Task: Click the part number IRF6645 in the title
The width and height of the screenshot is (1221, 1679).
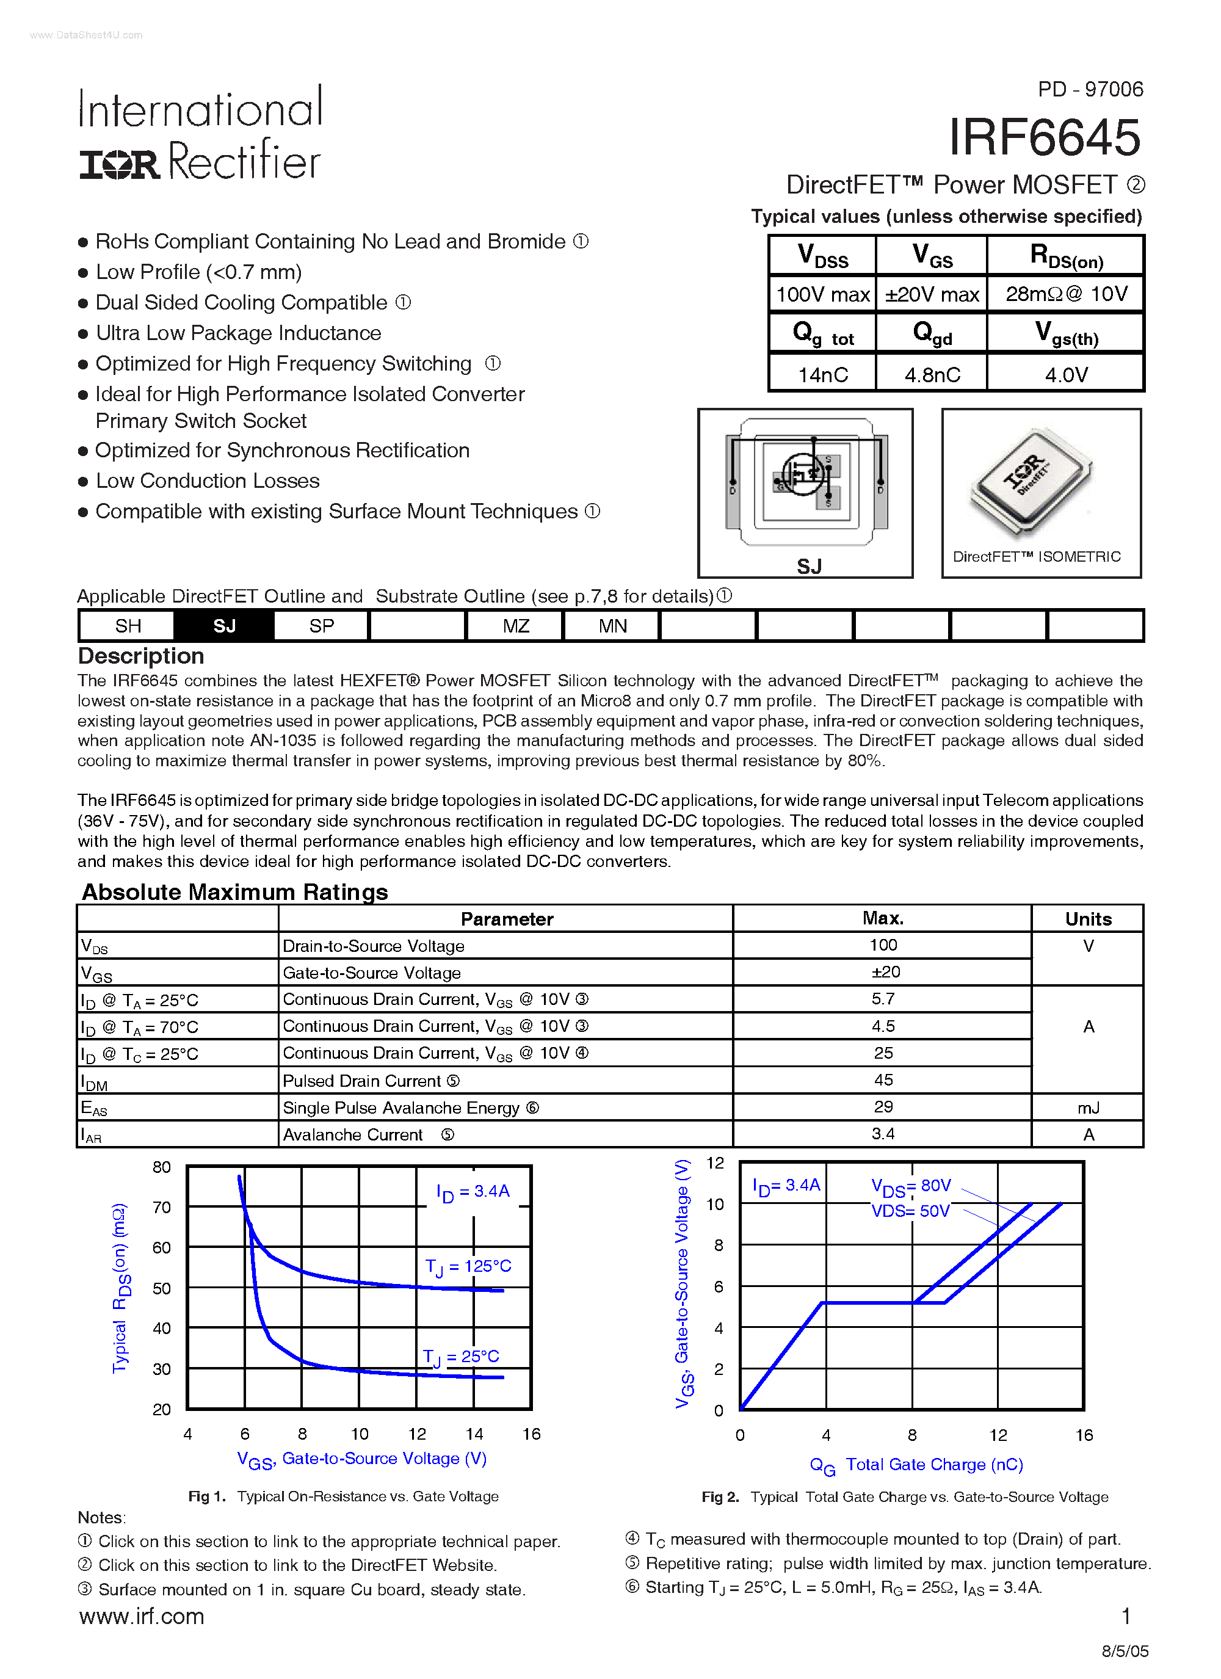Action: tap(1044, 139)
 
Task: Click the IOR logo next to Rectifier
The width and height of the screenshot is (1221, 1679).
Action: tap(119, 164)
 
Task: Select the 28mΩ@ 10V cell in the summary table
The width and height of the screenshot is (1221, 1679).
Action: tap(1065, 295)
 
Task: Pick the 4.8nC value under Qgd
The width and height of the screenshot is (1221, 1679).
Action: tap(932, 375)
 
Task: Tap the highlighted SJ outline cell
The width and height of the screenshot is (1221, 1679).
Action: tap(223, 626)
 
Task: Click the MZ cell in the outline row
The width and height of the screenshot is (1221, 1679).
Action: tap(515, 626)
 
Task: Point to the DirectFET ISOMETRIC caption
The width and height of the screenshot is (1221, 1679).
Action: tap(1036, 557)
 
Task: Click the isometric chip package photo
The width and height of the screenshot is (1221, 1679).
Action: tap(1030, 481)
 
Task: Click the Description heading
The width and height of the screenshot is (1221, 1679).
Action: tap(140, 656)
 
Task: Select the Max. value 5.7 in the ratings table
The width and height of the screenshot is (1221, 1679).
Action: tap(883, 999)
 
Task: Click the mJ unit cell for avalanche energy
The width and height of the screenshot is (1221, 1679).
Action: tap(1088, 1108)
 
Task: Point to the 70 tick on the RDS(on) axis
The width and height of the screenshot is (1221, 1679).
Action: tap(161, 1208)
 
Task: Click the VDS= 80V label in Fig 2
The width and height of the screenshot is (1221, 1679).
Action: tap(911, 1186)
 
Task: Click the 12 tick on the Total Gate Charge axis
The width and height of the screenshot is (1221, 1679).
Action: tap(998, 1435)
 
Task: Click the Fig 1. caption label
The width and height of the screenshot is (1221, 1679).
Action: tap(206, 1496)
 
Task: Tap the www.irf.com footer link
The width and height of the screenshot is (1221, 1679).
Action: tap(142, 1616)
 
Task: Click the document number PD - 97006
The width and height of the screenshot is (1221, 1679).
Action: tap(1090, 90)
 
